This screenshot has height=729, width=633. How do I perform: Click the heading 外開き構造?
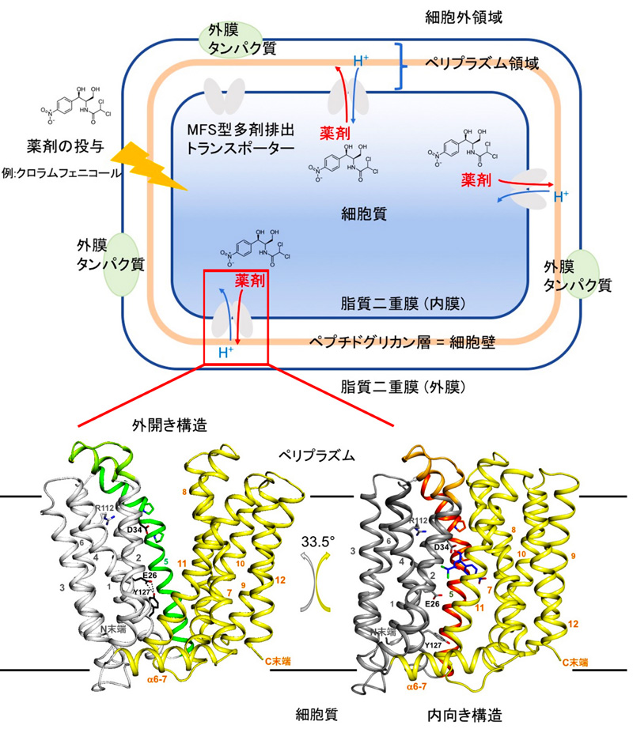coord(169,425)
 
